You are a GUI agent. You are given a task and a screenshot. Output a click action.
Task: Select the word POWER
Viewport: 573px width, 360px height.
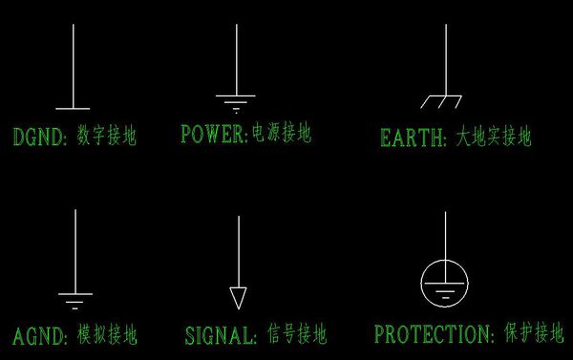(x=213, y=134)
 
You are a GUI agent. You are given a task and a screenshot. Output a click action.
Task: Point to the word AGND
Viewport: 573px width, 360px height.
(x=38, y=335)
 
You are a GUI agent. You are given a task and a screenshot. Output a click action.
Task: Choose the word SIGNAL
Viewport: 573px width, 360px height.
(x=221, y=335)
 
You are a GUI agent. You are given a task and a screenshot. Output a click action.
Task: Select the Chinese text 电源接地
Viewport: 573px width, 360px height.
(x=281, y=133)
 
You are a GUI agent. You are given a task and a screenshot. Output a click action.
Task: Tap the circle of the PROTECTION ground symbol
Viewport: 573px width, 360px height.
(x=445, y=284)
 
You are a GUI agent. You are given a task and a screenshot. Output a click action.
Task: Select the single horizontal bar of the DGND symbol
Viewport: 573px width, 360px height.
(x=74, y=108)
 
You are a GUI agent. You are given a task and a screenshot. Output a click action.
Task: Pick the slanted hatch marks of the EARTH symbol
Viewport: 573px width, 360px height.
(x=442, y=100)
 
